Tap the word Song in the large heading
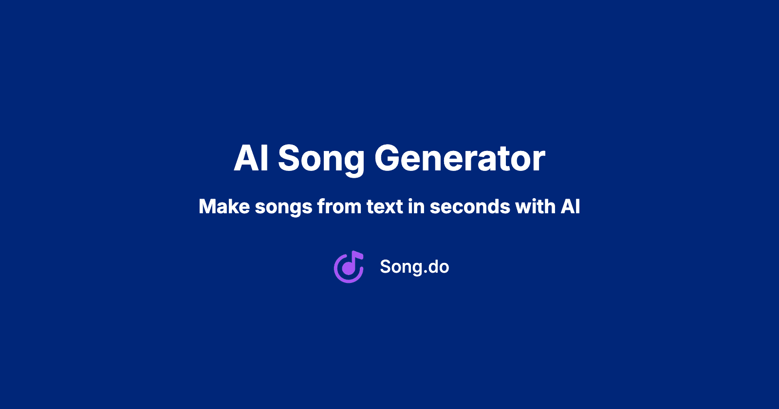(321, 161)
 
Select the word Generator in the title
(460, 158)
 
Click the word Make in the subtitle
(224, 206)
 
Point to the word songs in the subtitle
(284, 208)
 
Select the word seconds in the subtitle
(470, 206)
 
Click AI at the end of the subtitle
(570, 206)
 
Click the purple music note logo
(349, 267)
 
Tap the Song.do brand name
(414, 267)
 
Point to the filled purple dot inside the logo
(348, 269)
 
